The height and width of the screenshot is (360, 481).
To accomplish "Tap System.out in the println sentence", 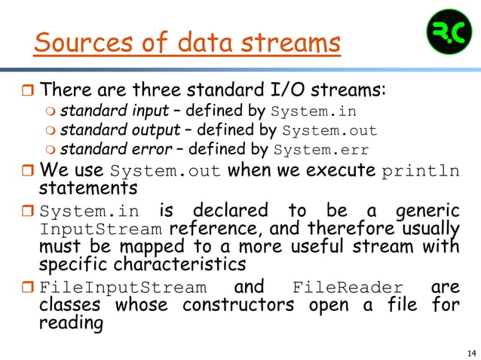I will click(166, 170).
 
